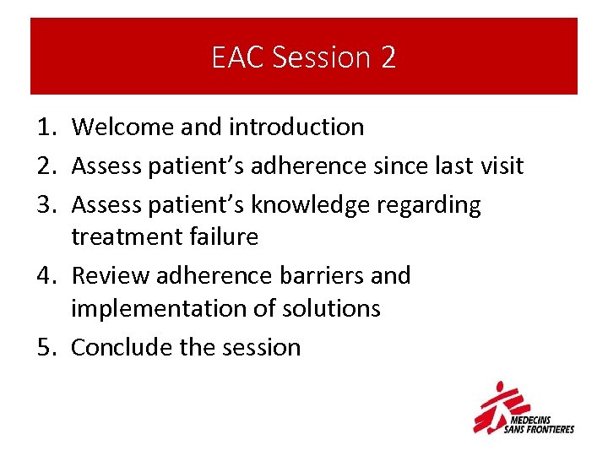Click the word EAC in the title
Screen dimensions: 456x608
(x=240, y=57)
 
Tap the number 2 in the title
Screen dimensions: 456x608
(x=388, y=57)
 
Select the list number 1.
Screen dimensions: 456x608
(x=46, y=128)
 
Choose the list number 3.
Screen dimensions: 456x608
(x=46, y=204)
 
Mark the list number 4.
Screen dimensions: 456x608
(x=46, y=275)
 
